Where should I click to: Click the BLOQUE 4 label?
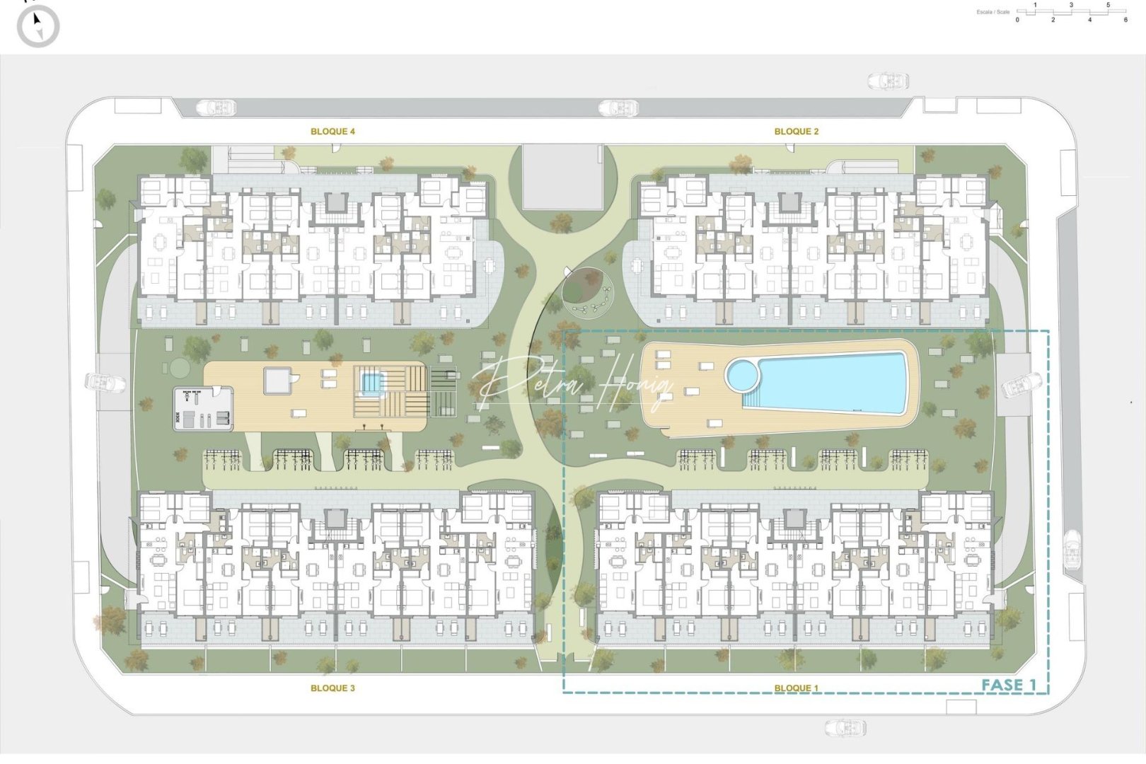(332, 132)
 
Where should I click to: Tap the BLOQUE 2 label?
(796, 132)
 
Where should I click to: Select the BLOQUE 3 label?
(332, 688)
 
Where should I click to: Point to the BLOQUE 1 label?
(796, 688)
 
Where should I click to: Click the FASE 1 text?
(1008, 684)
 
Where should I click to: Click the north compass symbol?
(38, 26)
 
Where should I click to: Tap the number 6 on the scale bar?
(1125, 20)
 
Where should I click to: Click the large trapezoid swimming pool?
(835, 383)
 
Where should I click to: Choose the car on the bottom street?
(845, 727)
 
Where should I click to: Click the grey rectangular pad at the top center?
(562, 177)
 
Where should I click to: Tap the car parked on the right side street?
(1072, 549)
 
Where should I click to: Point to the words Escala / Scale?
(992, 12)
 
